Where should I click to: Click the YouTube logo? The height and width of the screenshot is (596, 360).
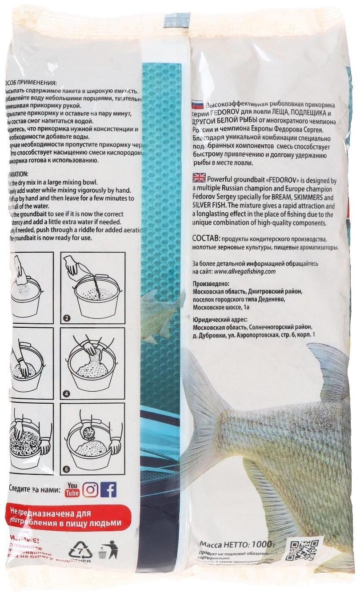click(x=73, y=490)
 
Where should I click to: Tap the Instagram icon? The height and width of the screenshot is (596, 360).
click(x=90, y=490)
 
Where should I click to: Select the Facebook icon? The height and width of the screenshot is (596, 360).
click(x=108, y=490)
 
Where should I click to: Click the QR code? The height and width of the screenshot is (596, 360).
click(x=302, y=551)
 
